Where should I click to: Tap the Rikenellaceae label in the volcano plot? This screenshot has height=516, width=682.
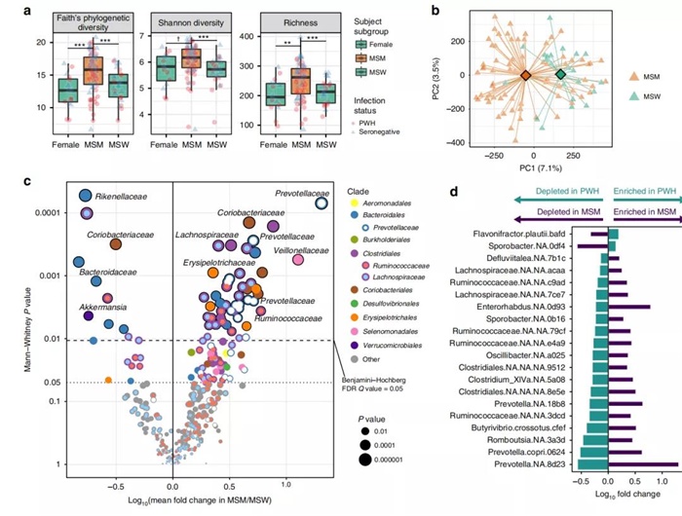pyautogui.click(x=122, y=197)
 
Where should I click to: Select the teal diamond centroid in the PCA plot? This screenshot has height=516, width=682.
pyautogui.click(x=560, y=74)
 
